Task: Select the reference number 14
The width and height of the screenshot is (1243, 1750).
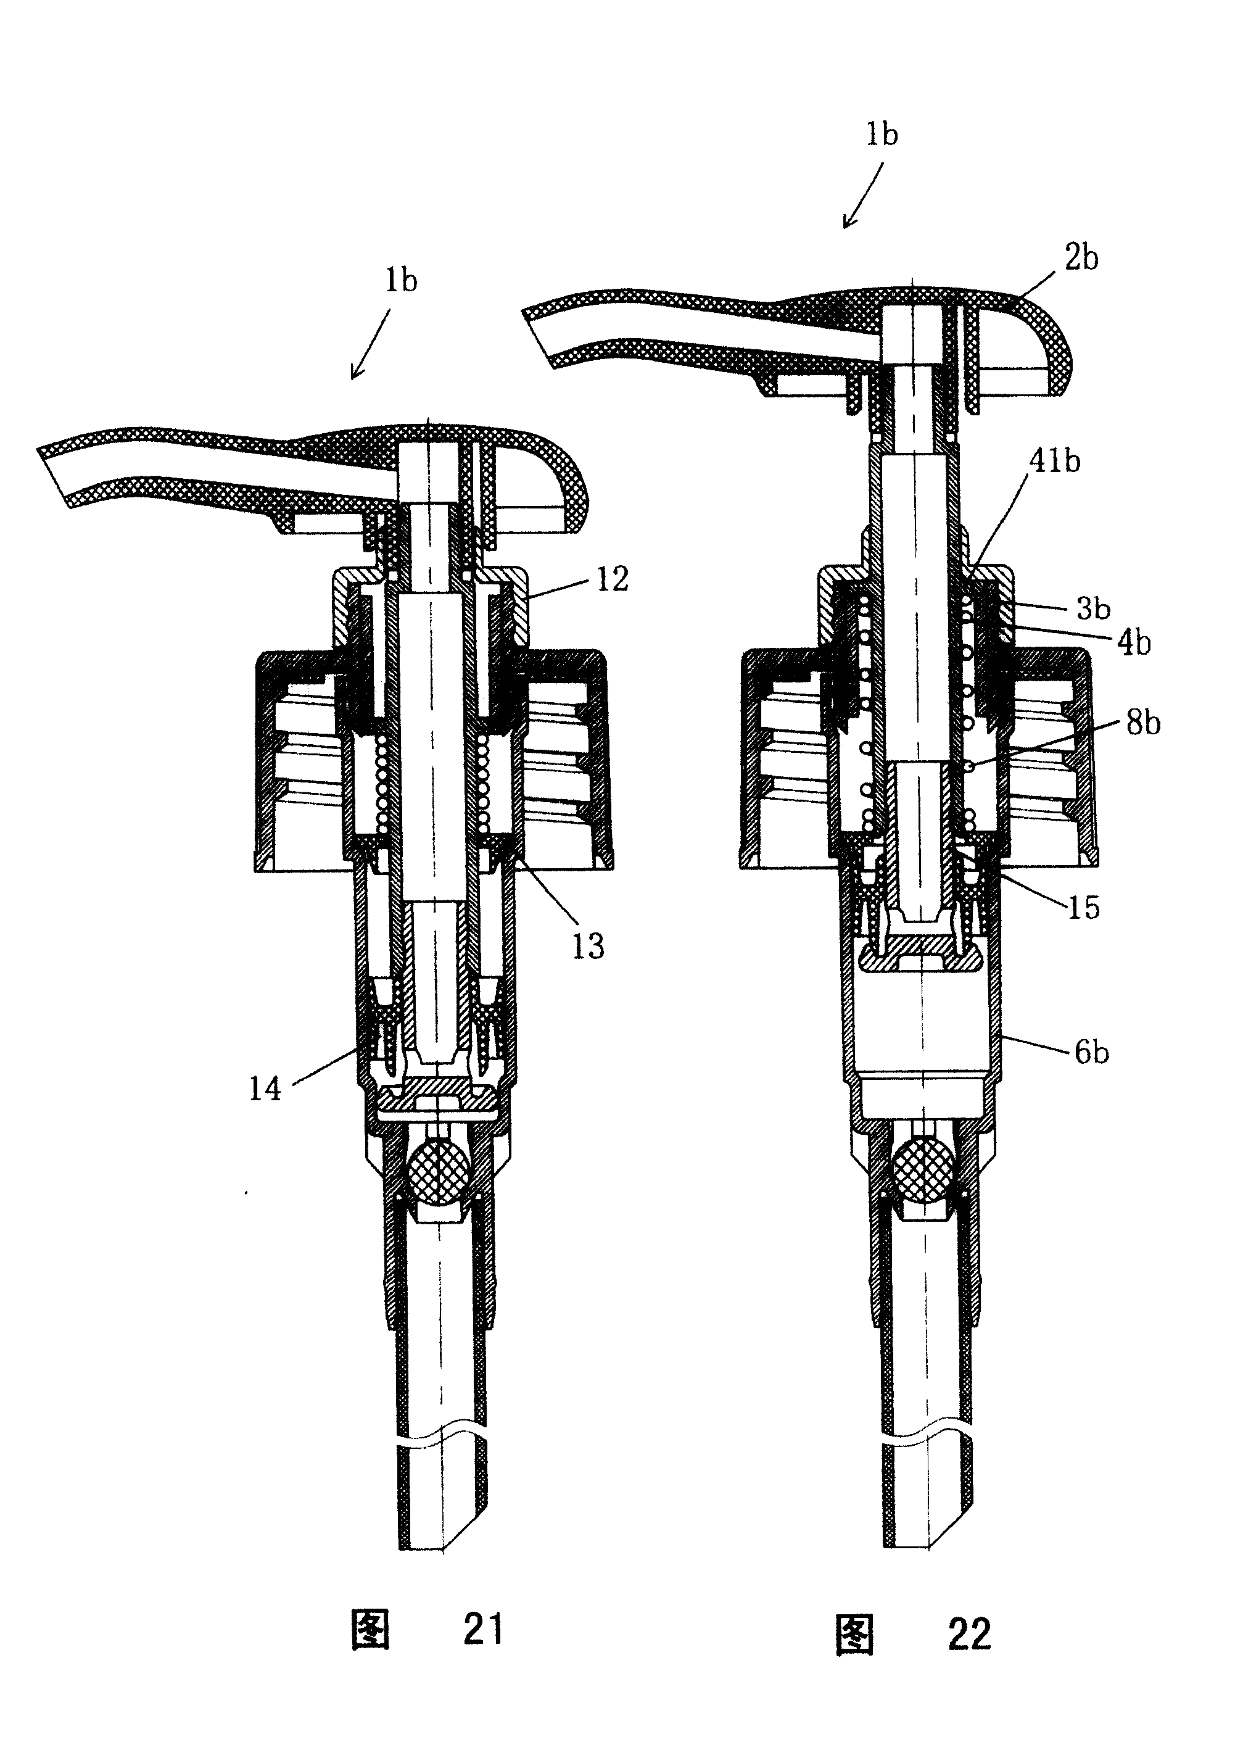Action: click(x=265, y=1089)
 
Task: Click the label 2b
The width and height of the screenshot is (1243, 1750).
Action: click(x=1081, y=258)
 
